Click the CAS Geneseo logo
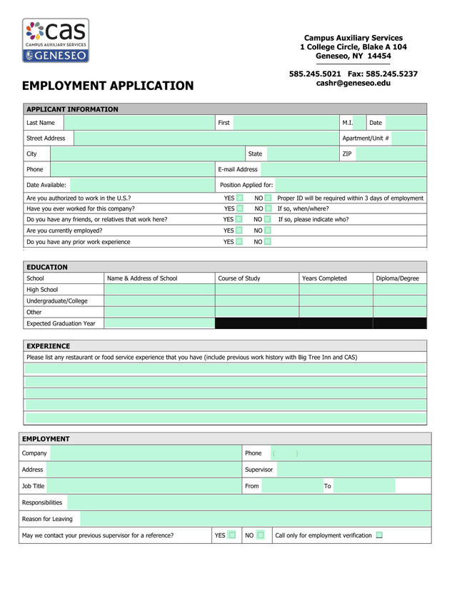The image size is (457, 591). (56, 41)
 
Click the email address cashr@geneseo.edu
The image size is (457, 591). (353, 84)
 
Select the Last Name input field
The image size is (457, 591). (139, 123)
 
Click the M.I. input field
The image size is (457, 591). (359, 123)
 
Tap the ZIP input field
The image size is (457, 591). (390, 153)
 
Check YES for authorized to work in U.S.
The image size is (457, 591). (240, 198)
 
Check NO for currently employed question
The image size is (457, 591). (267, 231)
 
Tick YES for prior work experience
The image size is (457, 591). (240, 242)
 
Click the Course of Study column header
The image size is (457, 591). (239, 278)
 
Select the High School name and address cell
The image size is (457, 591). (159, 290)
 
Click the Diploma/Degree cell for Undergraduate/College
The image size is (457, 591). (399, 300)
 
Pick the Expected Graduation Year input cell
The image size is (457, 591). (159, 323)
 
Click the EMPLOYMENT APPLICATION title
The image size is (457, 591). (108, 86)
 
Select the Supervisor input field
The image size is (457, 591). (353, 470)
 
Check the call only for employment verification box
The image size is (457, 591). (379, 535)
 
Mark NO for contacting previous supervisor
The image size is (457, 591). (261, 535)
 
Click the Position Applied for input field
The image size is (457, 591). (350, 185)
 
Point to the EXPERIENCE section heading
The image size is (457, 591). (49, 346)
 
